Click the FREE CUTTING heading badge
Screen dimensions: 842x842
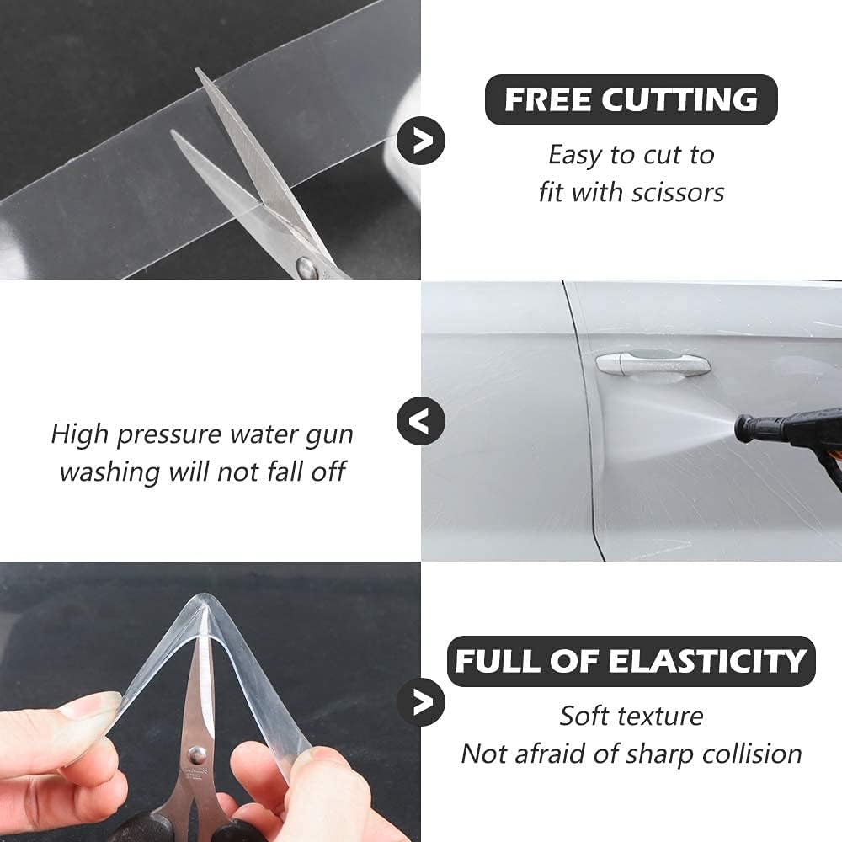(631, 100)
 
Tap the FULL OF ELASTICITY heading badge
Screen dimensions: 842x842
(631, 661)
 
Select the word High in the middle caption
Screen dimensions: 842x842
(81, 434)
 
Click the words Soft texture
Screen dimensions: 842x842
(631, 717)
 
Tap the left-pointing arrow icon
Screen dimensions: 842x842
(421, 420)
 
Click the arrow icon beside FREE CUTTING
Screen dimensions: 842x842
(421, 140)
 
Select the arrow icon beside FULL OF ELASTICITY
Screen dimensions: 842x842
(421, 701)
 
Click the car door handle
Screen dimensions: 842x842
(653, 364)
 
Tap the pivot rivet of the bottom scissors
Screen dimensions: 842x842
(198, 754)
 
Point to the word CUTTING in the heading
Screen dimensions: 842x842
(679, 100)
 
